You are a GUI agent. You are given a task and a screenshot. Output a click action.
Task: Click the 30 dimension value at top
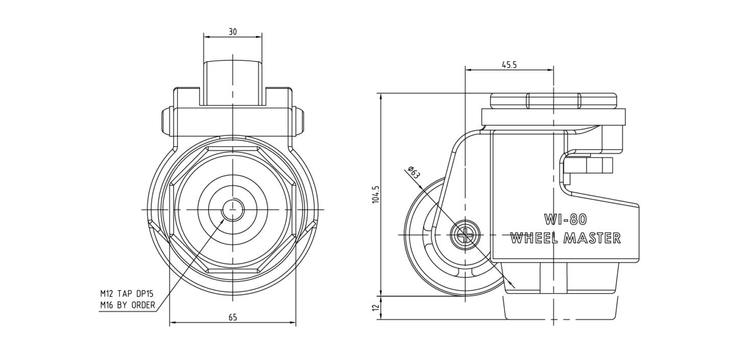(233, 32)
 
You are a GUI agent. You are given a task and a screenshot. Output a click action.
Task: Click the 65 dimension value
(233, 317)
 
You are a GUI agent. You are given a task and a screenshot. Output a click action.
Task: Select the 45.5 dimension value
(509, 65)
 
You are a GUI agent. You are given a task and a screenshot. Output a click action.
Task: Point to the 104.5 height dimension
(376, 194)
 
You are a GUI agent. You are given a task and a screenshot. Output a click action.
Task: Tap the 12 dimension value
(376, 307)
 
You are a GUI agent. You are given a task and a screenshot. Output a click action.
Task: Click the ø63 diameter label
(414, 173)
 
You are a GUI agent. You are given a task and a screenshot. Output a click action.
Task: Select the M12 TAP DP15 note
(127, 294)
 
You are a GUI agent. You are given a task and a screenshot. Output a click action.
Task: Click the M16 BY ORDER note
(128, 305)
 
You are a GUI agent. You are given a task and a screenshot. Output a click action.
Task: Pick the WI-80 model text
(565, 219)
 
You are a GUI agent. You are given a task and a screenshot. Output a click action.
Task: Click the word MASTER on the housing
(593, 238)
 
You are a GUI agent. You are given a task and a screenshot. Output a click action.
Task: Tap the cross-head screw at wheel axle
(465, 235)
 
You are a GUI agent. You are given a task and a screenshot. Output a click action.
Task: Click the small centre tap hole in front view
(233, 209)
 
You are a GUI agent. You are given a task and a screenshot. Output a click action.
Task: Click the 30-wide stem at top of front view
(233, 83)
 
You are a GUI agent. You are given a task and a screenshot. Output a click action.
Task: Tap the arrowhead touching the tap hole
(222, 220)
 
